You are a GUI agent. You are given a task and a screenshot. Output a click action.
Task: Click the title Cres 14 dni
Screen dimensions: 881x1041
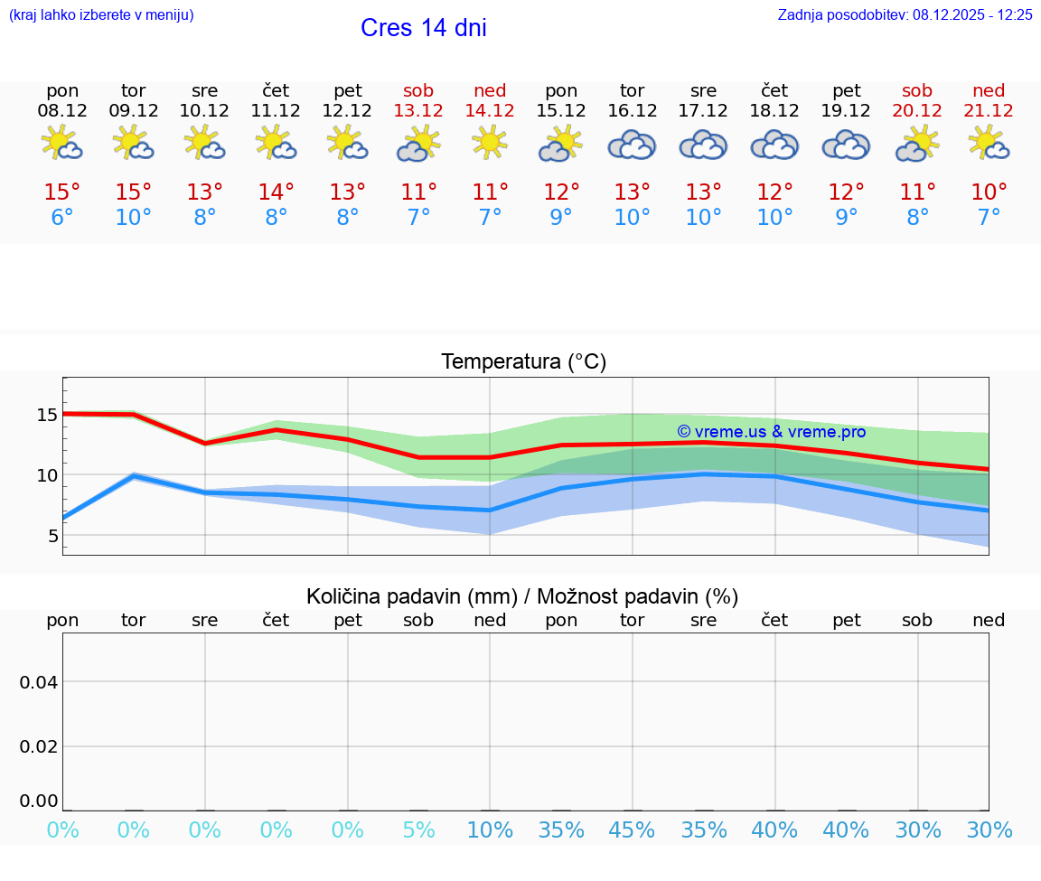(x=423, y=28)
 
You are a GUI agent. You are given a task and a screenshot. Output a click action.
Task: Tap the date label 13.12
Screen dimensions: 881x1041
(x=418, y=110)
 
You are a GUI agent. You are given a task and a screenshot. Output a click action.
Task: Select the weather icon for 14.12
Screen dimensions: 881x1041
(x=490, y=143)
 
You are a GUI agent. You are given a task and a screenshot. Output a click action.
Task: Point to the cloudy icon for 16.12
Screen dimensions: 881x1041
(x=632, y=145)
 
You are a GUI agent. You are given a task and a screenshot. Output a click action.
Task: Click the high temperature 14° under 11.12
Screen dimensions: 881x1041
(x=276, y=192)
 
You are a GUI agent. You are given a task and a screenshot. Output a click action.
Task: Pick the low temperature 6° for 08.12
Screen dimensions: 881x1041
(x=62, y=217)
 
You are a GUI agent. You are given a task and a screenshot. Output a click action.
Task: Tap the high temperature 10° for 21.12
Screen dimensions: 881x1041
(x=989, y=192)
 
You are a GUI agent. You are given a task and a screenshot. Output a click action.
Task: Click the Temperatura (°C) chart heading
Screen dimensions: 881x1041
(x=523, y=362)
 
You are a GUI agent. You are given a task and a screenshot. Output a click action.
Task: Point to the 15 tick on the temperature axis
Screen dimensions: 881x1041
(x=47, y=415)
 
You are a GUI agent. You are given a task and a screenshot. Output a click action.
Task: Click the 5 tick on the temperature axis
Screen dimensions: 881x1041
(x=52, y=536)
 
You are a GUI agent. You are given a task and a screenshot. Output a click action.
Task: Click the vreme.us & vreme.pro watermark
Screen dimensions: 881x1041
(x=771, y=432)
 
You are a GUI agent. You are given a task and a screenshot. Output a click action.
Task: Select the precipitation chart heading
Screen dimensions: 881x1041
(x=522, y=596)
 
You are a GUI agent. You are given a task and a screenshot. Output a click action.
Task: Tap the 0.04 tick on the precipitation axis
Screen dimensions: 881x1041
(x=40, y=681)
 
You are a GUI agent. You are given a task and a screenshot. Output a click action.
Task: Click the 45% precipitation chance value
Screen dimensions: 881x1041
(x=632, y=830)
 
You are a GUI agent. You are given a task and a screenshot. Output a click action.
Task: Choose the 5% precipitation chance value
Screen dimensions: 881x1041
(x=418, y=830)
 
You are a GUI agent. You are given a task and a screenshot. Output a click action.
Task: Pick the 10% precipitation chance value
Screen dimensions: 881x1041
(x=490, y=830)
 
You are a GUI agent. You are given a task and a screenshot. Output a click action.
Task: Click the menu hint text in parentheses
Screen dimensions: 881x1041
(x=100, y=14)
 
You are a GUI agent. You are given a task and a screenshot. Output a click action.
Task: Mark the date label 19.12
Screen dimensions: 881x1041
(x=846, y=110)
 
